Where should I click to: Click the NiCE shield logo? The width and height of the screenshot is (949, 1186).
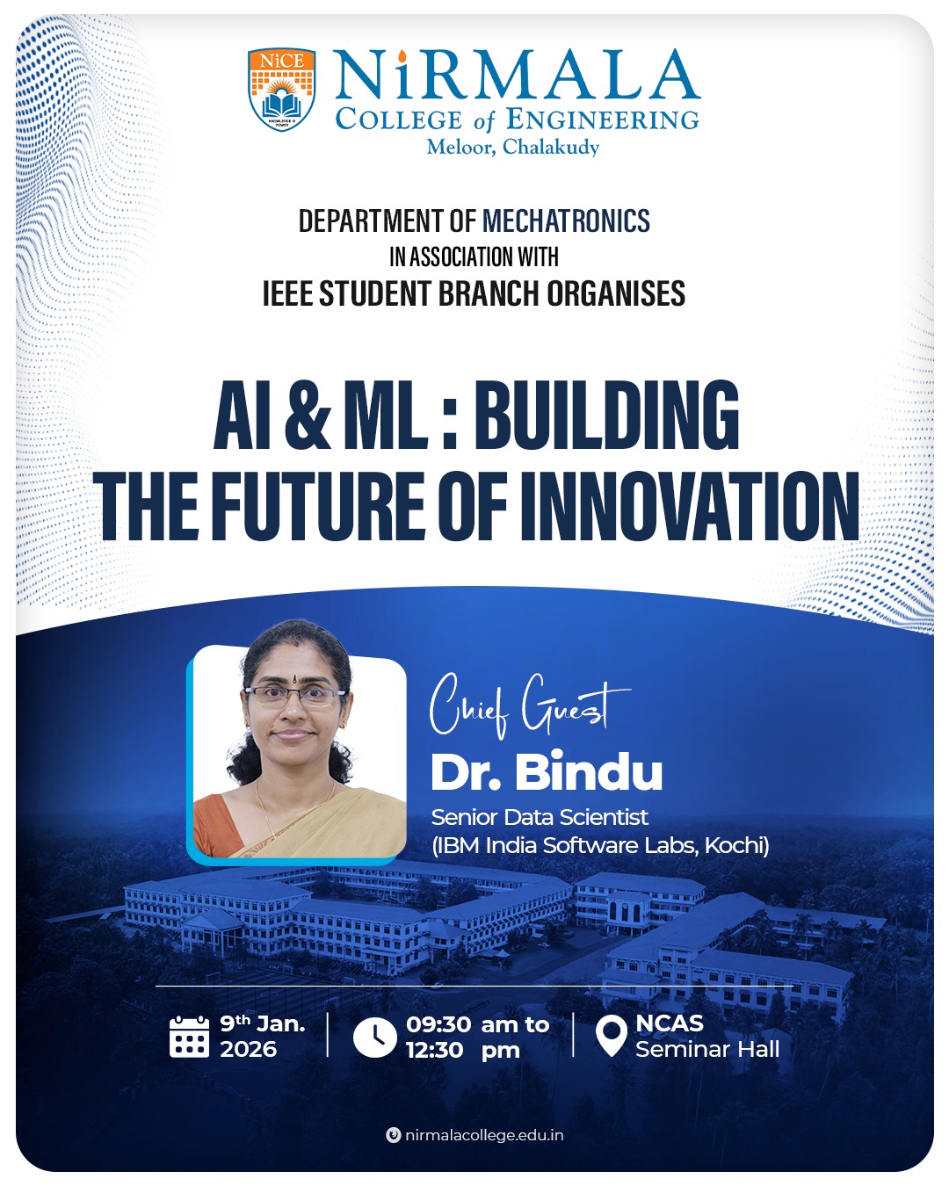282,90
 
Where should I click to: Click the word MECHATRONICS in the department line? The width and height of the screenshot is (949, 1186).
566,221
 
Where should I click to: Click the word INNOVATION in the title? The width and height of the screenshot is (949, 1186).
690,507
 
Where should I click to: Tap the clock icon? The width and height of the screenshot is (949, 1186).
374,1038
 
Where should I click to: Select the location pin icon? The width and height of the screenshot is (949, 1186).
612,1036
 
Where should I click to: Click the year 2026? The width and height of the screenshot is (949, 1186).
248,1049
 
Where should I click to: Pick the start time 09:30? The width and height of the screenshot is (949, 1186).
438,1024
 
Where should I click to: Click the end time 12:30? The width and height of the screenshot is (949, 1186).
435,1051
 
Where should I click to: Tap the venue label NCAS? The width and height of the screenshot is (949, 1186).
670,1023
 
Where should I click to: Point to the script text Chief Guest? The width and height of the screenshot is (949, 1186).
529,706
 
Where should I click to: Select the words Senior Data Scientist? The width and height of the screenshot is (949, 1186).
540,817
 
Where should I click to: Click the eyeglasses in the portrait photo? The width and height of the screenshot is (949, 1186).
296,698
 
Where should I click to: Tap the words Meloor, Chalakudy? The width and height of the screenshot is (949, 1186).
513,147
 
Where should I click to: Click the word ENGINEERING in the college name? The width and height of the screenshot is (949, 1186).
603,119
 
